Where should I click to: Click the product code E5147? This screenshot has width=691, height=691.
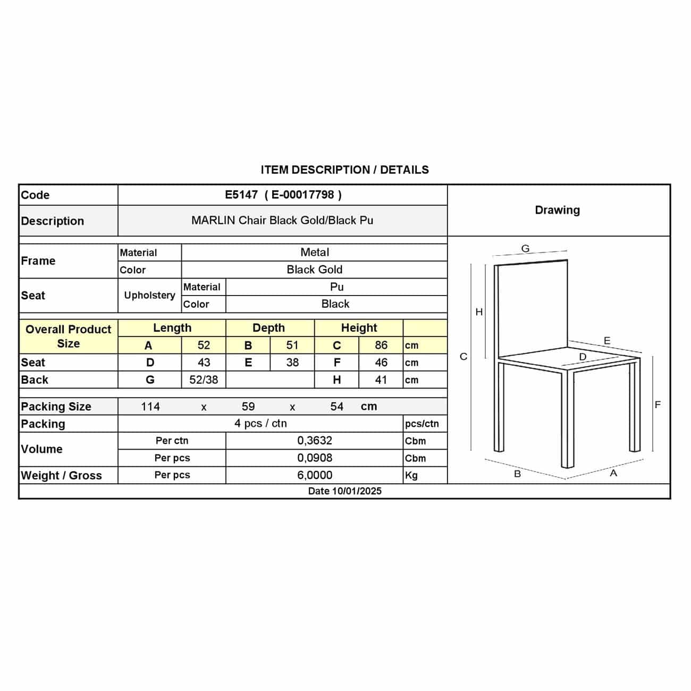pos(241,195)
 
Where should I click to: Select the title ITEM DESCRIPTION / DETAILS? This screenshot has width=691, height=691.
pos(344,170)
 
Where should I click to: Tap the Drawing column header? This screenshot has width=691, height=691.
pos(557,210)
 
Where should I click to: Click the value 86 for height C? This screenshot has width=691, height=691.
pos(381,345)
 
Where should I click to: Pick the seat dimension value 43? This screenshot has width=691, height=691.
pos(204,363)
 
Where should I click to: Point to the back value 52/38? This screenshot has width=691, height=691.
pos(204,380)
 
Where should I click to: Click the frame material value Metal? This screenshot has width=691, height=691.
pos(315,252)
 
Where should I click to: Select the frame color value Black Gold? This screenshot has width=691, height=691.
pos(315,269)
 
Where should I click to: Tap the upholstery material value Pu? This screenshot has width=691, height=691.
pos(336,287)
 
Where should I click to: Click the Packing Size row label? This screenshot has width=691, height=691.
pos(56,407)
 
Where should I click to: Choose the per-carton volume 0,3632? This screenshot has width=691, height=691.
pos(315,441)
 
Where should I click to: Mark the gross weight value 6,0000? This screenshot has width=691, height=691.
pos(315,475)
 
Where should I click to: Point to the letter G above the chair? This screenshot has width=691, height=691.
pos(525,248)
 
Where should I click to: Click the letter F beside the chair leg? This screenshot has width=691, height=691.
pos(658,405)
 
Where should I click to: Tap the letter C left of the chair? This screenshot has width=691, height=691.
pos(464,357)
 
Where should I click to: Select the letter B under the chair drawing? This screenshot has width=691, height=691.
pos(517,474)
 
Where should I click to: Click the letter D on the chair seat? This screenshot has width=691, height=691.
pos(583,357)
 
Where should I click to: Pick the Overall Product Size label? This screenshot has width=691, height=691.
pos(68,336)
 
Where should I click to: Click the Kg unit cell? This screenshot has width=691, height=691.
pos(411,475)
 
